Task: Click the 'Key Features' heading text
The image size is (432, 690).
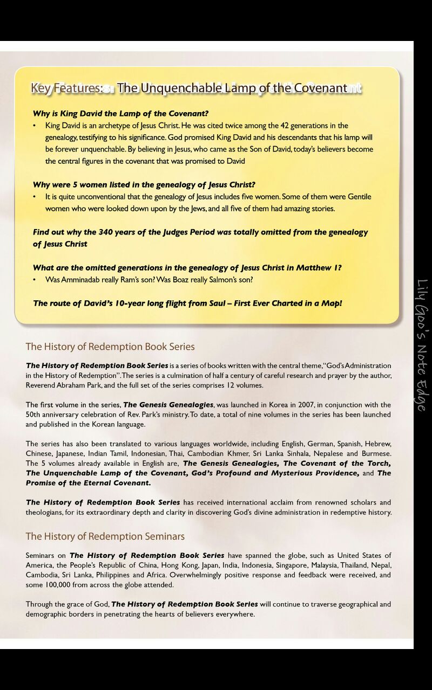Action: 66,88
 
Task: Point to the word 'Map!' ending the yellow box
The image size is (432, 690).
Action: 332,303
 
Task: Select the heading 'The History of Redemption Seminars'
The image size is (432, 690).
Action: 105,536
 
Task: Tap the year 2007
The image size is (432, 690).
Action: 305,405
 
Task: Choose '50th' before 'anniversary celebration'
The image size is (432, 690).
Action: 35,415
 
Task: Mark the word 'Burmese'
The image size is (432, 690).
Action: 377,453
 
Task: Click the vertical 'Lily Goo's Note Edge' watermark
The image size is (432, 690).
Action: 422,345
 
